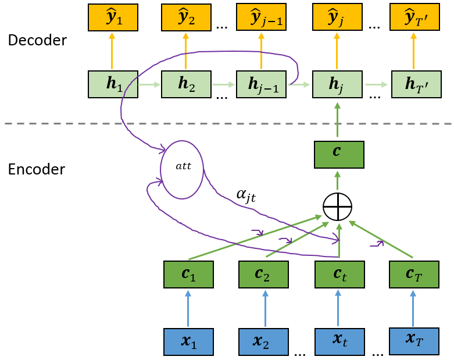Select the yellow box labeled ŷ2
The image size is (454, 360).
(x=186, y=17)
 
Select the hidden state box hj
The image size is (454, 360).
(x=338, y=84)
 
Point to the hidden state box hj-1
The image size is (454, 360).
(x=261, y=84)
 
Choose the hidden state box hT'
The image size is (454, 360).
(x=416, y=84)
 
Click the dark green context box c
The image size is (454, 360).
(x=338, y=154)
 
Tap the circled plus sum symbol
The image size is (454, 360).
(x=338, y=206)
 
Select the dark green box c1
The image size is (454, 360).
(x=188, y=275)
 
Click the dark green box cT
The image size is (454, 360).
(x=413, y=274)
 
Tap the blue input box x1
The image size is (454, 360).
(x=188, y=341)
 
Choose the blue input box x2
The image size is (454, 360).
(x=263, y=341)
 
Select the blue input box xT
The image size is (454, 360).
(x=413, y=341)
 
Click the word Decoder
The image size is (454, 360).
(x=37, y=40)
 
